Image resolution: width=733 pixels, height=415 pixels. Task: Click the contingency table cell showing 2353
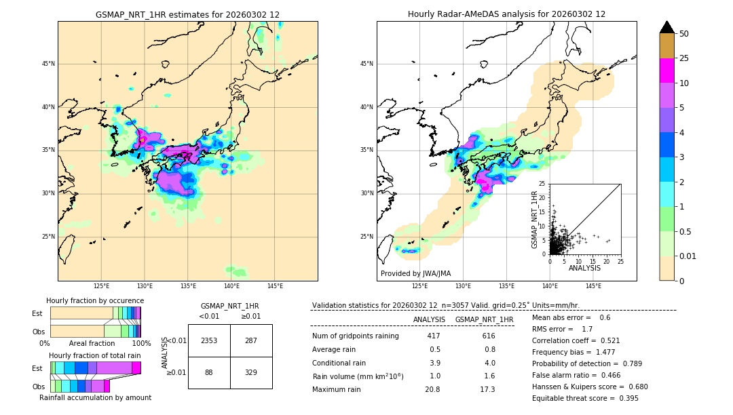pos(209,340)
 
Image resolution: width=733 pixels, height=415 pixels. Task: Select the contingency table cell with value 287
pos(251,340)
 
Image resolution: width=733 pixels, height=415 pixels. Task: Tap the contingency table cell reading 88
pos(209,372)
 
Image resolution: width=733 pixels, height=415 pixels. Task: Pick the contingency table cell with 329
pos(251,372)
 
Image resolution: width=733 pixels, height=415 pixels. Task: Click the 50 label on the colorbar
pos(684,34)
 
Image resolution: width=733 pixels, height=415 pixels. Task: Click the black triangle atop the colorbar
pos(667,27)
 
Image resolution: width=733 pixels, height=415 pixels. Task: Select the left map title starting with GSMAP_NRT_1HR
pos(187,14)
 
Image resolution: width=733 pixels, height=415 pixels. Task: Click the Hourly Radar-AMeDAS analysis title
pos(506,14)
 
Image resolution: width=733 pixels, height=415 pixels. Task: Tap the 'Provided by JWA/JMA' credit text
pos(415,273)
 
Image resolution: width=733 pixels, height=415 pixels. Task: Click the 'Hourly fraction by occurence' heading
pos(95,300)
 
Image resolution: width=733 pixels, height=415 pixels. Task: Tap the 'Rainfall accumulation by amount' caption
pos(95,397)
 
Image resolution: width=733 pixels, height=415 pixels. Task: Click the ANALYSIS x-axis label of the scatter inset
pos(584,268)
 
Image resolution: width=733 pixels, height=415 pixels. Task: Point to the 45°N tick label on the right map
pos(366,64)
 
